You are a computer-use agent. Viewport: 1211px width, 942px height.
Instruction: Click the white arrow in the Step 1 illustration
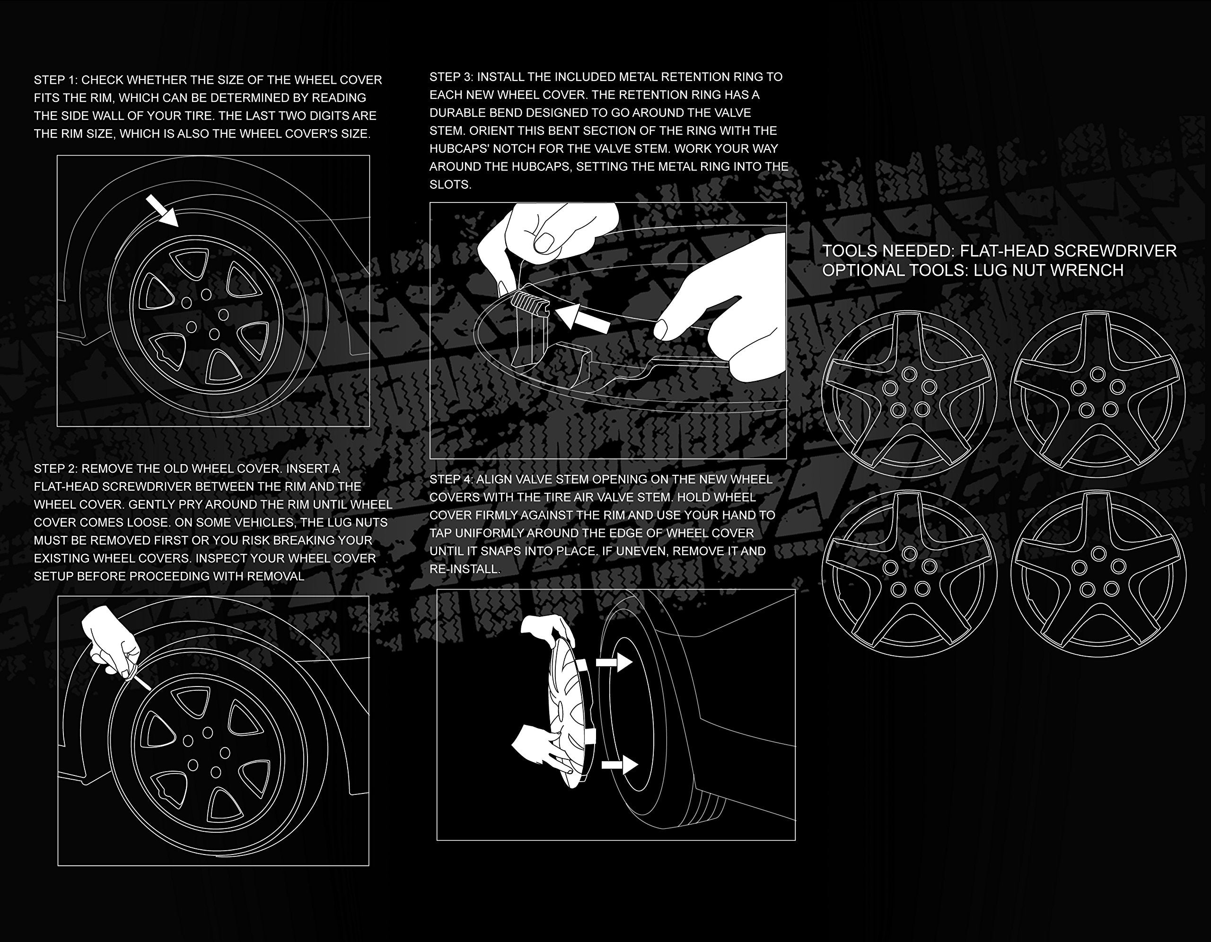162,211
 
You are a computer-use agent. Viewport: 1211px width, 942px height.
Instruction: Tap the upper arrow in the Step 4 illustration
614,662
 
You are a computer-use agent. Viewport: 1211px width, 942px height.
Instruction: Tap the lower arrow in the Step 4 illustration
620,765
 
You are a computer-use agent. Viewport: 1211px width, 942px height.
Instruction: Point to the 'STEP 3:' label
451,77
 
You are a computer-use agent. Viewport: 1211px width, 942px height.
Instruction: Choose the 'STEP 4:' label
451,479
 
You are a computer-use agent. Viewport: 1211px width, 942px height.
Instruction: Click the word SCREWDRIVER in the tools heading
1114,251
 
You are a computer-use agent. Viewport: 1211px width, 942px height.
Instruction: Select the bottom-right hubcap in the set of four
1098,574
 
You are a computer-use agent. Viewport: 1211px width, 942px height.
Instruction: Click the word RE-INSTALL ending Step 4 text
465,569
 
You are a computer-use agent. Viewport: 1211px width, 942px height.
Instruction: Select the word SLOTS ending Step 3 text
450,185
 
